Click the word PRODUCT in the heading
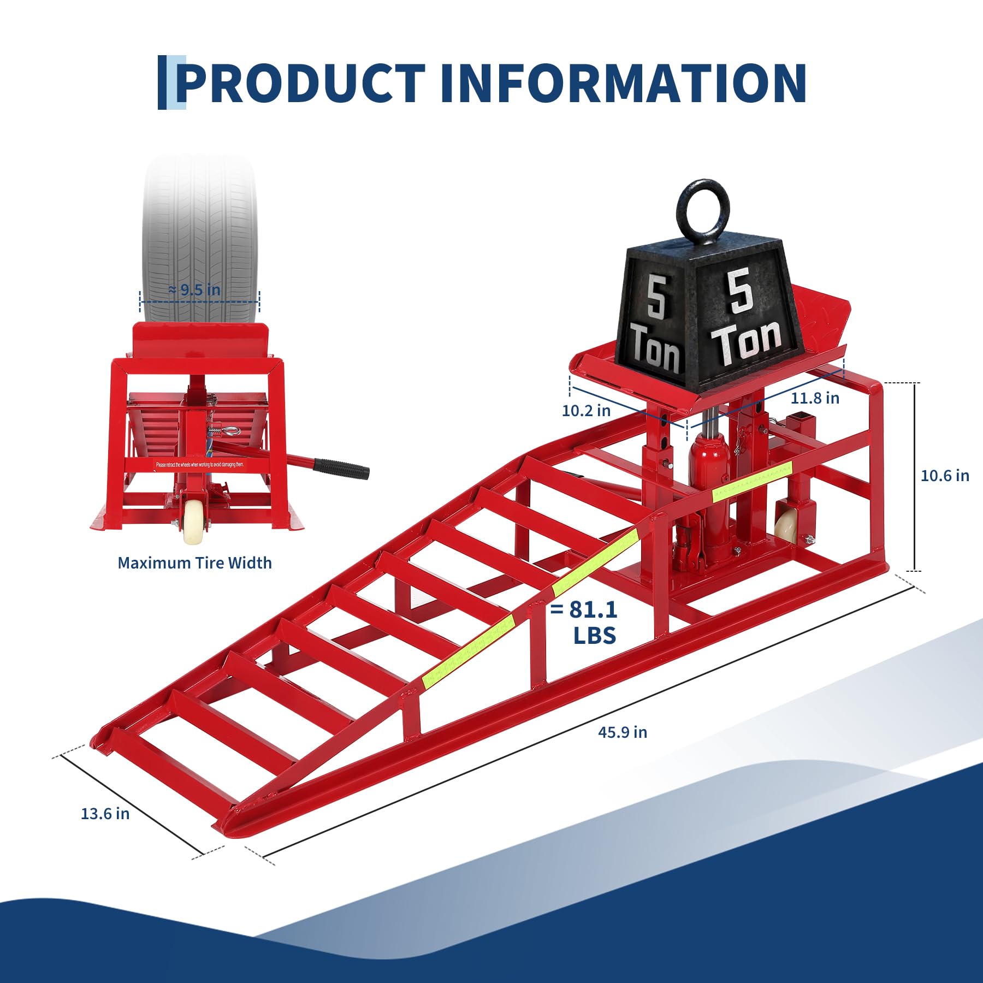click(300, 83)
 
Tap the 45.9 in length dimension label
click(622, 732)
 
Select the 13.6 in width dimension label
click(105, 814)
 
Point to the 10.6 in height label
click(945, 476)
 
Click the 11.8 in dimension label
click(815, 398)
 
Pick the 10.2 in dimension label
click(586, 410)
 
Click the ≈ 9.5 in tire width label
click(195, 290)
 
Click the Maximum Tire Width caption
click(194, 563)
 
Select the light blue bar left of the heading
click(180, 82)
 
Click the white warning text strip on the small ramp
click(200, 465)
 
